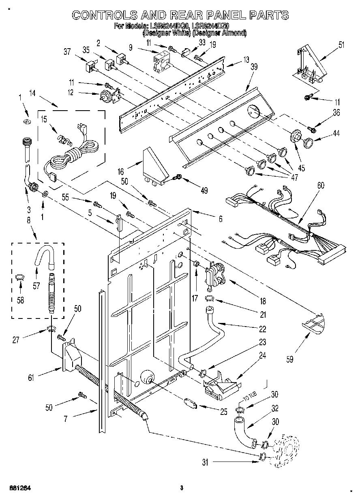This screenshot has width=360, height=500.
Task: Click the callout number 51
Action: coord(342,45)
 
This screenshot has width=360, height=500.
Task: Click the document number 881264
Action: coord(20,487)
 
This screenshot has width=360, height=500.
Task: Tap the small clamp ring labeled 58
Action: coord(18,277)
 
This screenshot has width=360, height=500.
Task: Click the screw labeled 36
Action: coord(312,129)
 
